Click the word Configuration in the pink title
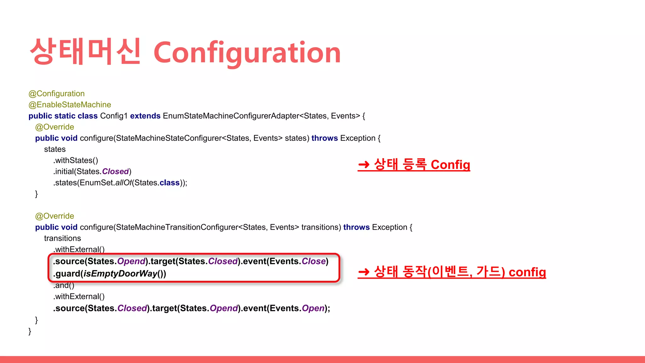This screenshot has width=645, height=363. click(247, 53)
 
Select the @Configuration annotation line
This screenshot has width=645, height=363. click(57, 94)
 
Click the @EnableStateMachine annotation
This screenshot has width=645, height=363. click(70, 105)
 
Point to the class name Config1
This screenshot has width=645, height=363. click(114, 116)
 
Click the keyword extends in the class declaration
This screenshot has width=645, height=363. click(145, 116)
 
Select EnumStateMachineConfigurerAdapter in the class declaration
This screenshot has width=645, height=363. click(231, 116)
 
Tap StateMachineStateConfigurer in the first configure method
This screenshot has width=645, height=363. click(169, 138)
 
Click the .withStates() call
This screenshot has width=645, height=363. click(76, 160)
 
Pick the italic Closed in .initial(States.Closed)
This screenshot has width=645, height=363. click(115, 171)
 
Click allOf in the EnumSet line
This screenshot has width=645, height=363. click(123, 183)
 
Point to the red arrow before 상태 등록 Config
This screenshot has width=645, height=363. click(364, 164)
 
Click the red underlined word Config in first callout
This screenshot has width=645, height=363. click(450, 164)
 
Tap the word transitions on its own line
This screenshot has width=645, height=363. click(62, 238)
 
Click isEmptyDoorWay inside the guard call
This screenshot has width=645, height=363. click(120, 274)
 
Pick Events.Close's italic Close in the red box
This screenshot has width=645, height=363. click(314, 261)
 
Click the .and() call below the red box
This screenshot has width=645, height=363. click(64, 285)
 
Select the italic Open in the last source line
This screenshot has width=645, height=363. click(313, 308)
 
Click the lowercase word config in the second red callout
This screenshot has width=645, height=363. click(527, 272)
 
